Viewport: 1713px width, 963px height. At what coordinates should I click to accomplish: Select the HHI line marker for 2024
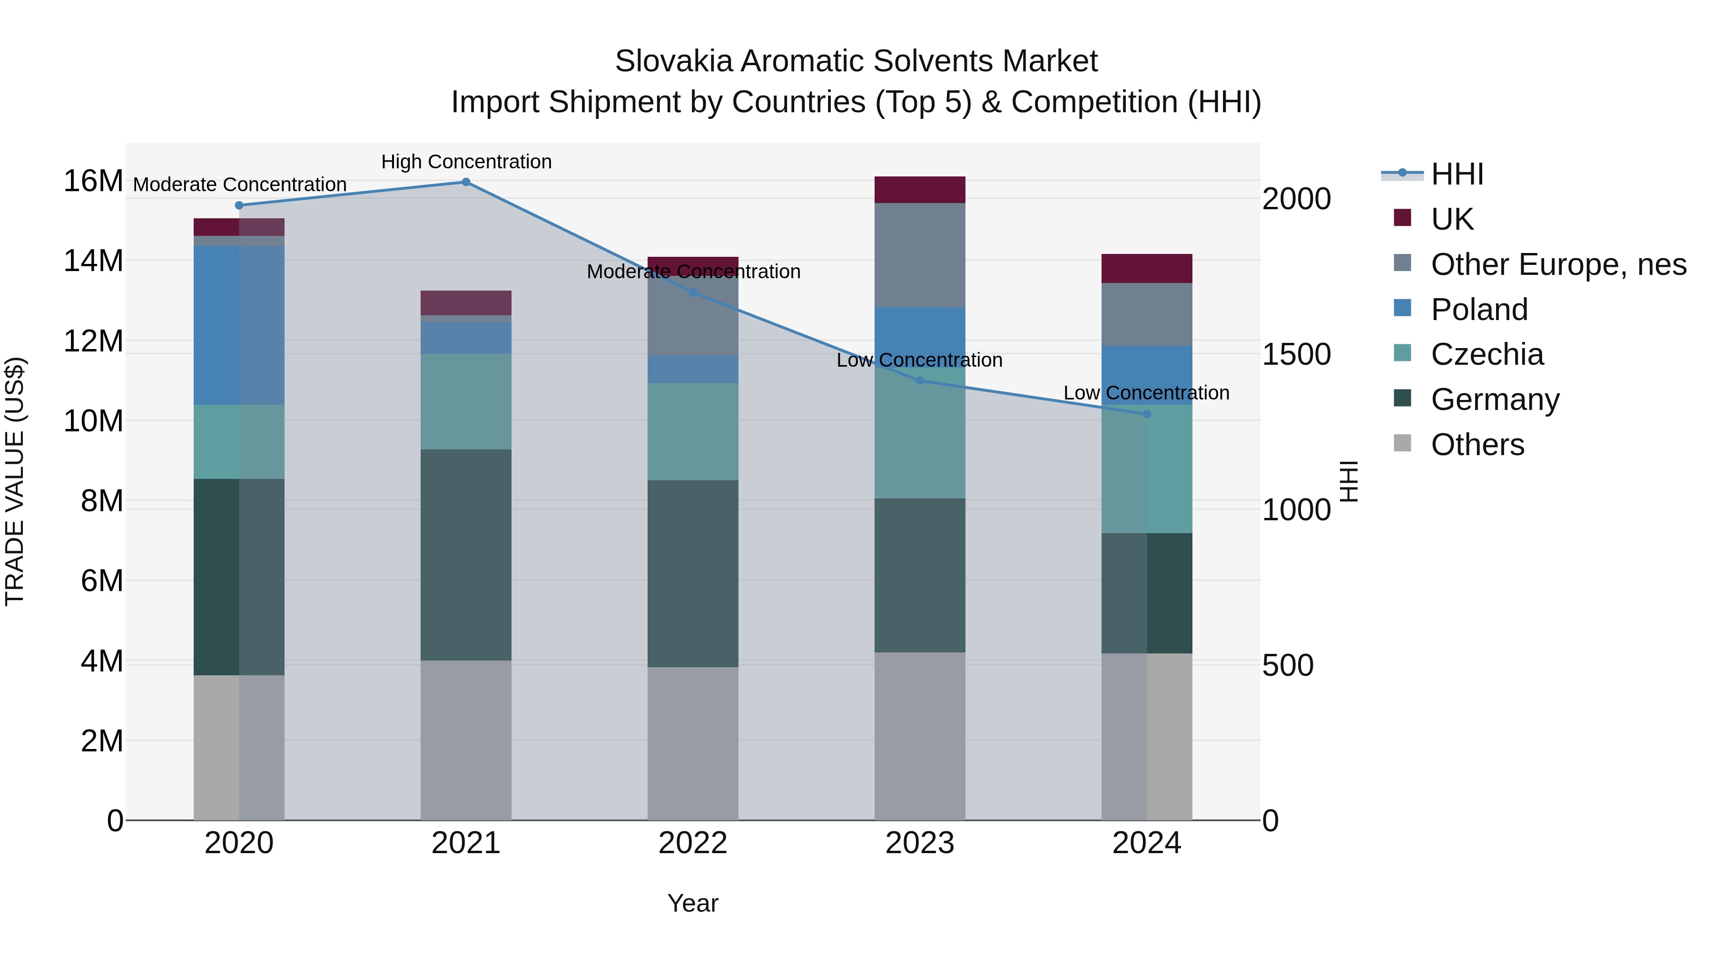click(1146, 414)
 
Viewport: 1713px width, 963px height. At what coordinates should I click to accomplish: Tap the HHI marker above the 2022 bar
click(692, 292)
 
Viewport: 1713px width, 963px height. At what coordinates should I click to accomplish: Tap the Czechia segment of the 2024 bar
click(1146, 468)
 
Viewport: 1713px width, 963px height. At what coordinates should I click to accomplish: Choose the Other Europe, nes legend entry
click(1558, 264)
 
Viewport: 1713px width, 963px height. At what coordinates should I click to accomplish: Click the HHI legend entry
click(1457, 174)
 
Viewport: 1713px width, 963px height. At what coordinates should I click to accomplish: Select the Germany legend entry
click(1495, 399)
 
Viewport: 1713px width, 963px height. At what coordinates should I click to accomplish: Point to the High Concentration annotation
click(466, 162)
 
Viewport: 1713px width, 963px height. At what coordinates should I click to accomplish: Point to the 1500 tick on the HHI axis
click(1296, 354)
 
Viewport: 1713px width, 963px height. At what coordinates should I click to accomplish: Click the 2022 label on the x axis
click(692, 843)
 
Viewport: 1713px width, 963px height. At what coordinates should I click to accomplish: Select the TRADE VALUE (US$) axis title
click(15, 481)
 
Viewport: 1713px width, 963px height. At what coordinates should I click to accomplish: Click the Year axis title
click(692, 903)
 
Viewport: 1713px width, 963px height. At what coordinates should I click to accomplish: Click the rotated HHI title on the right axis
click(1348, 481)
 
